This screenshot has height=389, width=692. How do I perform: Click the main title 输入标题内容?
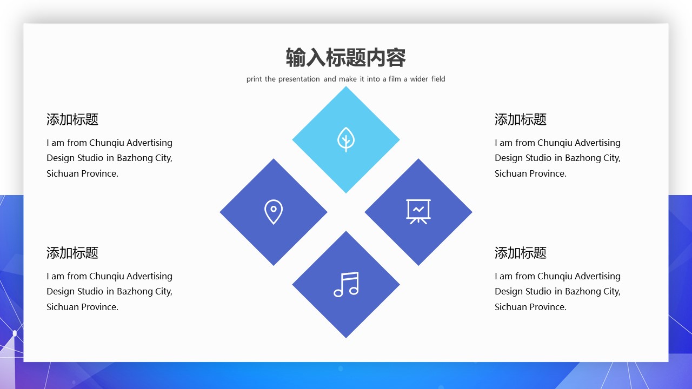(x=345, y=58)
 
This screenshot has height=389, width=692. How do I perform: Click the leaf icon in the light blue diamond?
(x=346, y=139)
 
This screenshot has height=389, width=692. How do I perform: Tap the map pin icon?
(x=274, y=212)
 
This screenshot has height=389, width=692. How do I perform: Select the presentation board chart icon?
(x=418, y=211)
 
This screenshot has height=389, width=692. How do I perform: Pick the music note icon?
(x=346, y=284)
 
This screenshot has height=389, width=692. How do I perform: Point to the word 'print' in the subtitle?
(x=254, y=79)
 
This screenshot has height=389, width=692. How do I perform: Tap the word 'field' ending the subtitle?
(x=438, y=79)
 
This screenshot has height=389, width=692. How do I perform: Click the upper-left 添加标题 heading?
(x=72, y=119)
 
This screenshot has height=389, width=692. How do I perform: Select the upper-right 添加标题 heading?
(x=521, y=119)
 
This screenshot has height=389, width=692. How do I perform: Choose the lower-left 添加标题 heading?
(x=72, y=253)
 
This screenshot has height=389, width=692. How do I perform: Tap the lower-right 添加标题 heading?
(x=521, y=253)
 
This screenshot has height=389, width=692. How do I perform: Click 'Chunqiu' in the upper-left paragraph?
(x=107, y=143)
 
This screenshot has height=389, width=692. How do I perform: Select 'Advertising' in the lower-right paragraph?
(x=597, y=276)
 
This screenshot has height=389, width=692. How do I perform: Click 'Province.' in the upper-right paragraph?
(x=548, y=173)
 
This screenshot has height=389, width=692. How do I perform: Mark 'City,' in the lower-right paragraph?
(x=611, y=292)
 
